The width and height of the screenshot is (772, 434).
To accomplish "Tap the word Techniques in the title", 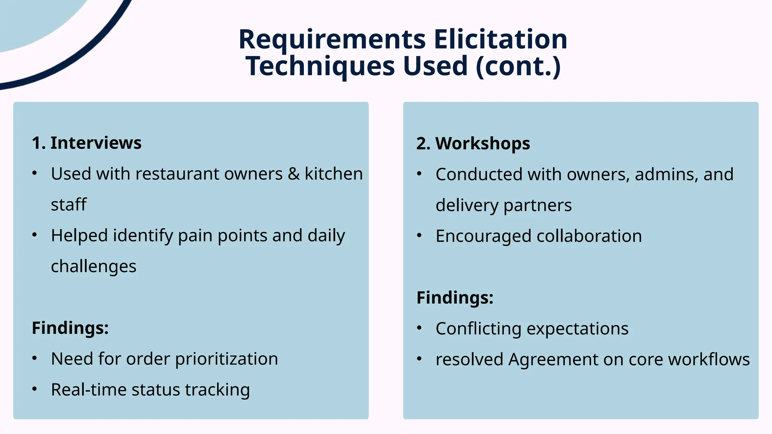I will click(x=320, y=66).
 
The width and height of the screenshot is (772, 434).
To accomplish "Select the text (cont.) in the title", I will click(x=519, y=66).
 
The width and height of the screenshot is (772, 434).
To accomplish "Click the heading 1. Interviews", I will click(x=87, y=143).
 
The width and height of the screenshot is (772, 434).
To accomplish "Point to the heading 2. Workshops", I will click(x=473, y=144).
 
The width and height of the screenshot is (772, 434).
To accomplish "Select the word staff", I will click(x=69, y=205).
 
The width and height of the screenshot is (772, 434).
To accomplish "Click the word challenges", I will click(x=93, y=266).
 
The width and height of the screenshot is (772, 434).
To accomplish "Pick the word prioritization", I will click(x=227, y=359).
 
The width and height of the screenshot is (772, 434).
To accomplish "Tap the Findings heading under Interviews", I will click(x=70, y=328).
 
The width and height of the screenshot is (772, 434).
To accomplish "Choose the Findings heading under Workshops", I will click(x=455, y=298).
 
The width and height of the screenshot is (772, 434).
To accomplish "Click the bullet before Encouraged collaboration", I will click(x=419, y=236).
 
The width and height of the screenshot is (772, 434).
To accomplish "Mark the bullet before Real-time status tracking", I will click(x=35, y=389).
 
